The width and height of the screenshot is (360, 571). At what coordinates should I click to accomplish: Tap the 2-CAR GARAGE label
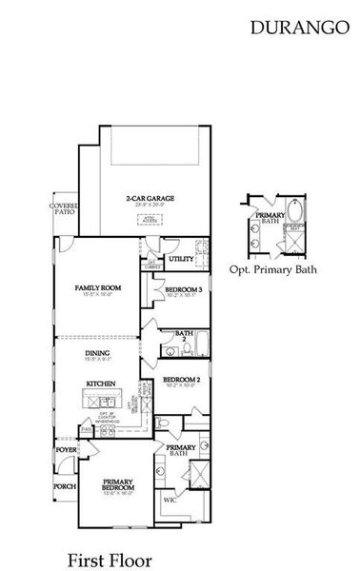[146, 200]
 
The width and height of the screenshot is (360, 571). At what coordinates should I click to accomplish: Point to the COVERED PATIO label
[64, 209]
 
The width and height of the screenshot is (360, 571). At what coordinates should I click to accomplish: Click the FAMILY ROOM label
[98, 289]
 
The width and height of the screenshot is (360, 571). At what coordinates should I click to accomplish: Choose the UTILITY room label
[181, 258]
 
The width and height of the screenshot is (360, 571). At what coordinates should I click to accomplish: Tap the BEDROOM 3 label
[183, 289]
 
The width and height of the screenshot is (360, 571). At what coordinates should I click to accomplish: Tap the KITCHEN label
[101, 384]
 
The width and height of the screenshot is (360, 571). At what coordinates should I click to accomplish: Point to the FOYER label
[65, 449]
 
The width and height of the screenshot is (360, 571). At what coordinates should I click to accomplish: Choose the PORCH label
[65, 486]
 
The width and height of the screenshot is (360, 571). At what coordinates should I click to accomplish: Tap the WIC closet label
[170, 499]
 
